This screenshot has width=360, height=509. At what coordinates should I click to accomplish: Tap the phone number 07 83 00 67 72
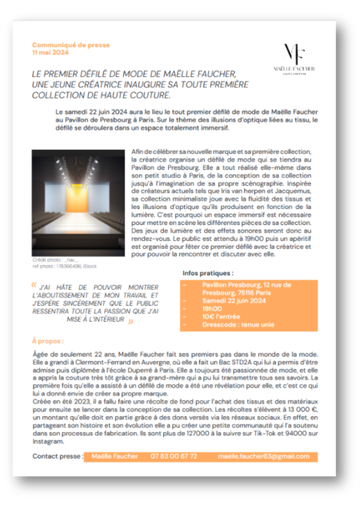(174, 455)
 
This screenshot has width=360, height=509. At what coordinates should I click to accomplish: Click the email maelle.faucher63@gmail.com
(263, 455)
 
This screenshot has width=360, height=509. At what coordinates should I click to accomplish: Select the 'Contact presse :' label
(57, 455)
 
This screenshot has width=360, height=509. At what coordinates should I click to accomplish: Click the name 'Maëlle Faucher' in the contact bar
(111, 455)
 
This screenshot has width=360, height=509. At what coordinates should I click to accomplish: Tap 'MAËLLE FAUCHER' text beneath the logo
(294, 69)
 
